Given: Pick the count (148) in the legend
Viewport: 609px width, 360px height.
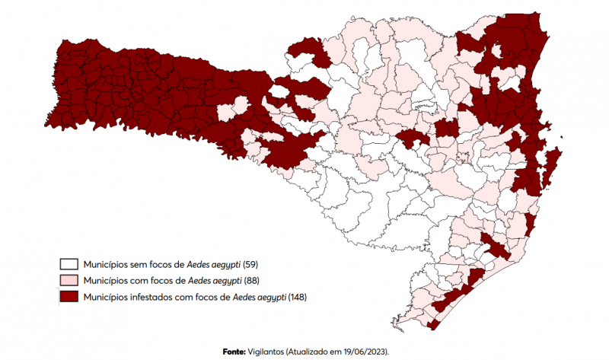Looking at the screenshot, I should point(298,296).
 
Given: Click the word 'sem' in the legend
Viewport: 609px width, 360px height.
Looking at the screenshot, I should point(136,265).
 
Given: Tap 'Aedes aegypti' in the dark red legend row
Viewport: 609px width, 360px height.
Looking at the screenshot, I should point(259,296).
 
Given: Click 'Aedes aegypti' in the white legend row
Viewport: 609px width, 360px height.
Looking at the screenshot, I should point(214,265).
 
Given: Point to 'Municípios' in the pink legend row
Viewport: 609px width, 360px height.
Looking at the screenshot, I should point(105,280).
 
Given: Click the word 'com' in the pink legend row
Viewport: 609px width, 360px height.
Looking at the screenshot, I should point(137,280).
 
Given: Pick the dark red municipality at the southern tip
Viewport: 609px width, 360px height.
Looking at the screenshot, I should point(433,325).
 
